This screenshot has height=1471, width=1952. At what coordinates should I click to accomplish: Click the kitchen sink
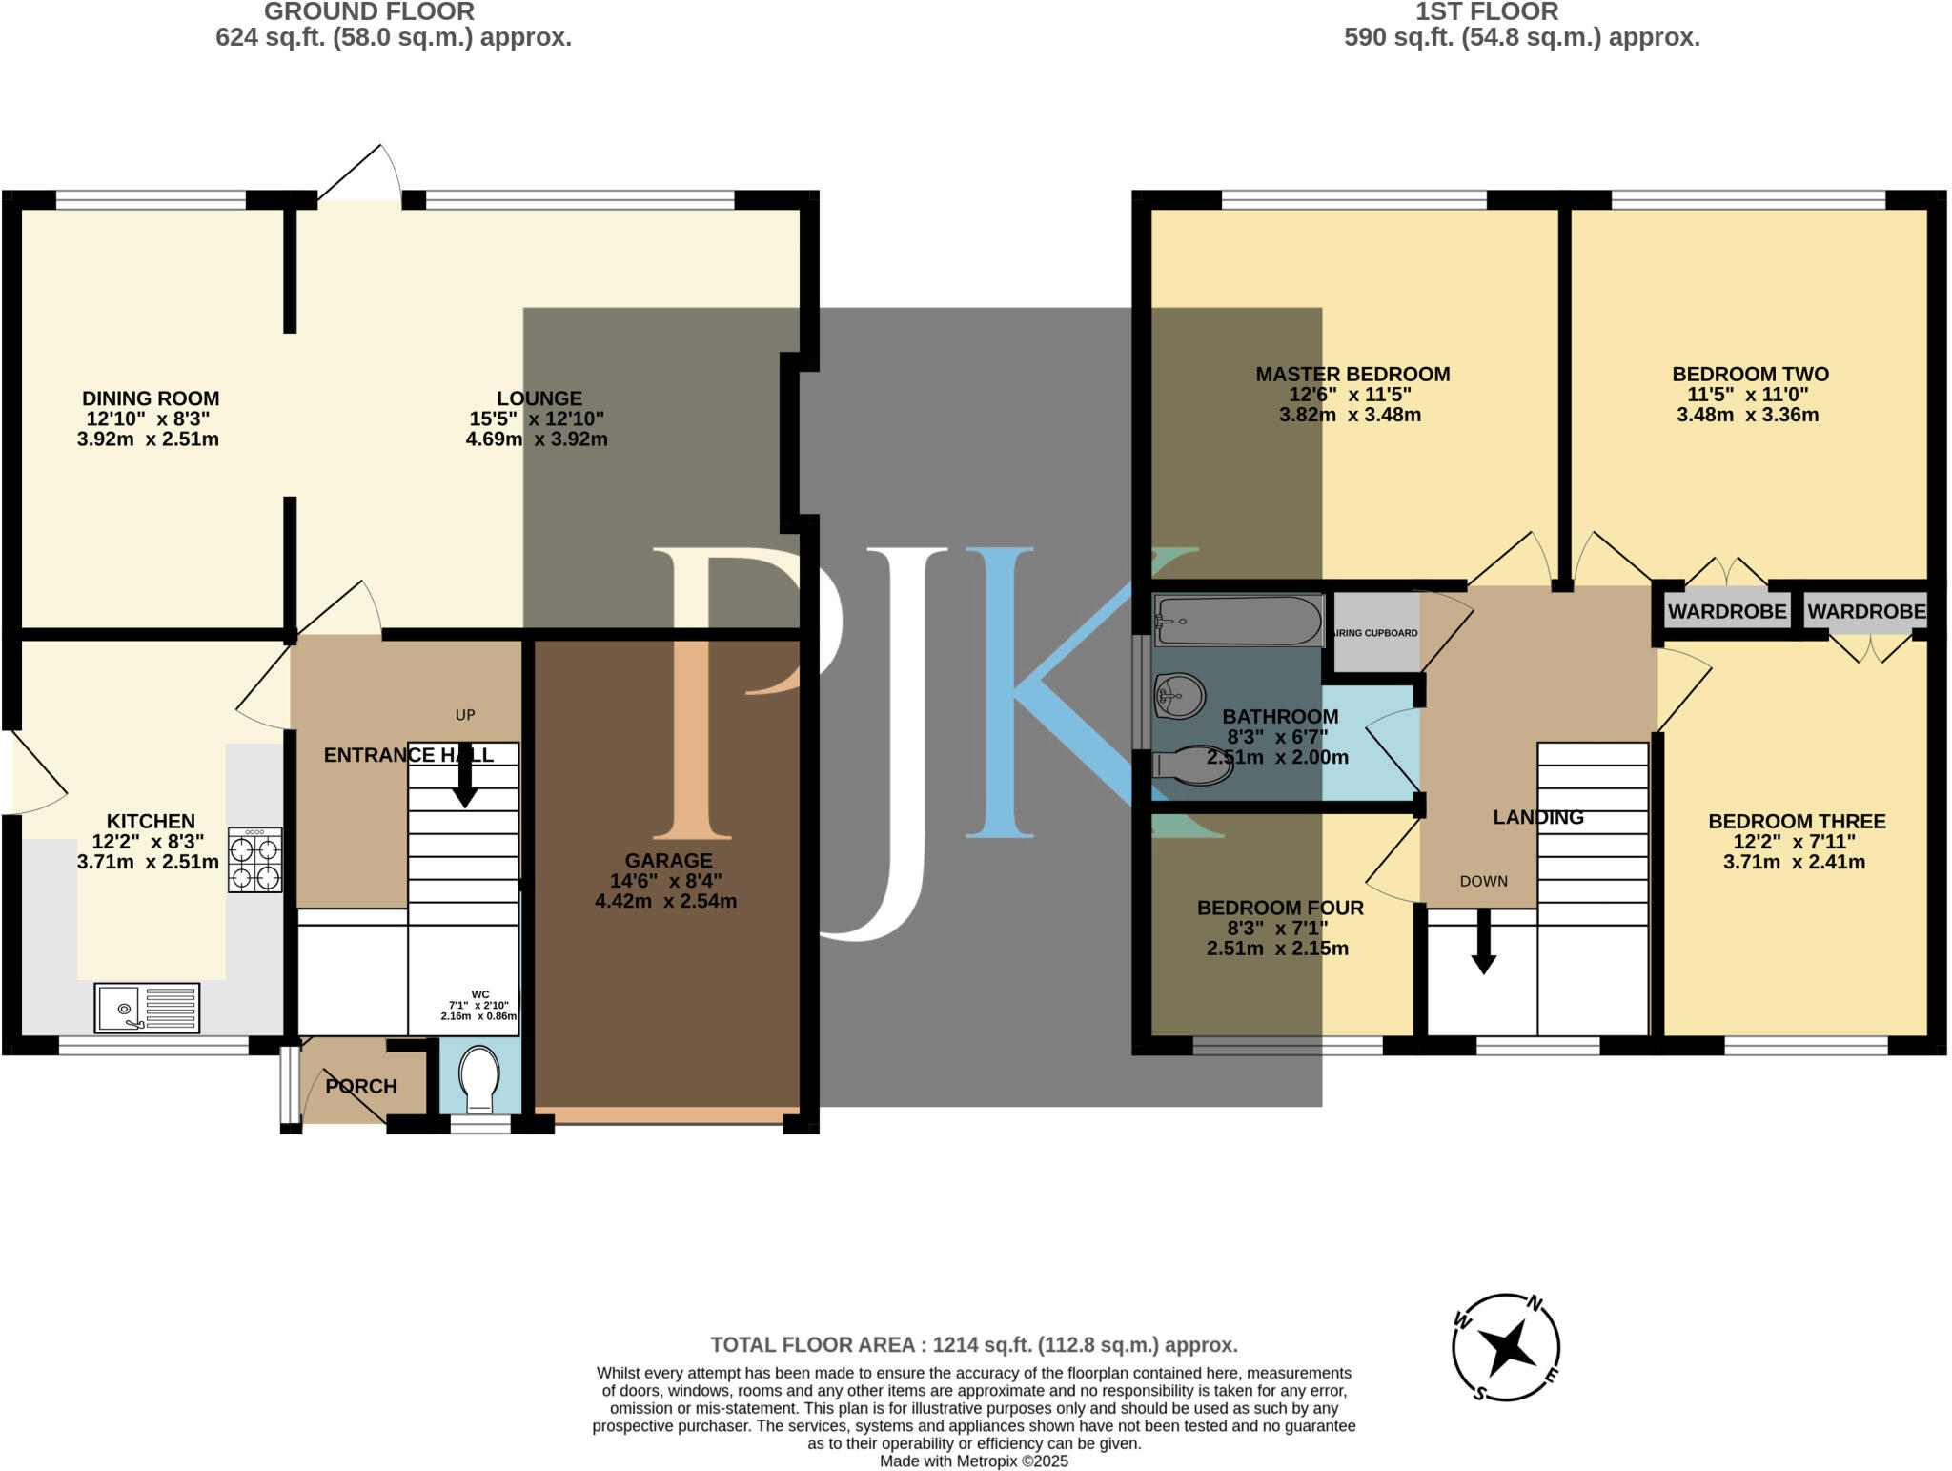(x=147, y=1008)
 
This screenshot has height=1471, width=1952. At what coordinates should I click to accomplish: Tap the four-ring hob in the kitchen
(x=255, y=860)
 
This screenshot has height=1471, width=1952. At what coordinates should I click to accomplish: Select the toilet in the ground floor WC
(x=478, y=1080)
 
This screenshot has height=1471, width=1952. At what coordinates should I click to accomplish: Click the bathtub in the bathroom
(x=1239, y=621)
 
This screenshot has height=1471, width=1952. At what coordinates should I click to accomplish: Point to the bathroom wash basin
(x=1178, y=695)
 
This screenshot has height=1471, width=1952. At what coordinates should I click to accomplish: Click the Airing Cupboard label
(x=1375, y=633)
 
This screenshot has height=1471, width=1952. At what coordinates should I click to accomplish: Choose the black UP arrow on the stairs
(x=465, y=775)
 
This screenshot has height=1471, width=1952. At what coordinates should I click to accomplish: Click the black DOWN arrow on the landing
(x=1483, y=941)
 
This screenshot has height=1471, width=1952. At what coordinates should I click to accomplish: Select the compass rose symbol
(x=1506, y=1347)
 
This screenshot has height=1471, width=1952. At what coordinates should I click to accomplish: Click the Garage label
(x=668, y=860)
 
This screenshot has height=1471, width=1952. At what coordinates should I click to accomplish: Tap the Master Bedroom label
(x=1352, y=375)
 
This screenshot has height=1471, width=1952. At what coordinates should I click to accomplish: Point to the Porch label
(x=361, y=1086)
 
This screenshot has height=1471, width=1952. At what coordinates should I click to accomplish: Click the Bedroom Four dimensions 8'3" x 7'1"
(x=1277, y=929)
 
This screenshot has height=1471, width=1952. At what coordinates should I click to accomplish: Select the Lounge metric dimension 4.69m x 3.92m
(x=537, y=439)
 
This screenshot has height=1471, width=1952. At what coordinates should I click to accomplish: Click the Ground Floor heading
(x=369, y=12)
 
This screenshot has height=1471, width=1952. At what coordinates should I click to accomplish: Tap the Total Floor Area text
(x=974, y=1345)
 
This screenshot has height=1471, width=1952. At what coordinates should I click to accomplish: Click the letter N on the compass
(x=1535, y=1303)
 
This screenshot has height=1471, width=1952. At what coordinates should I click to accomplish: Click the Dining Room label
(x=151, y=398)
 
